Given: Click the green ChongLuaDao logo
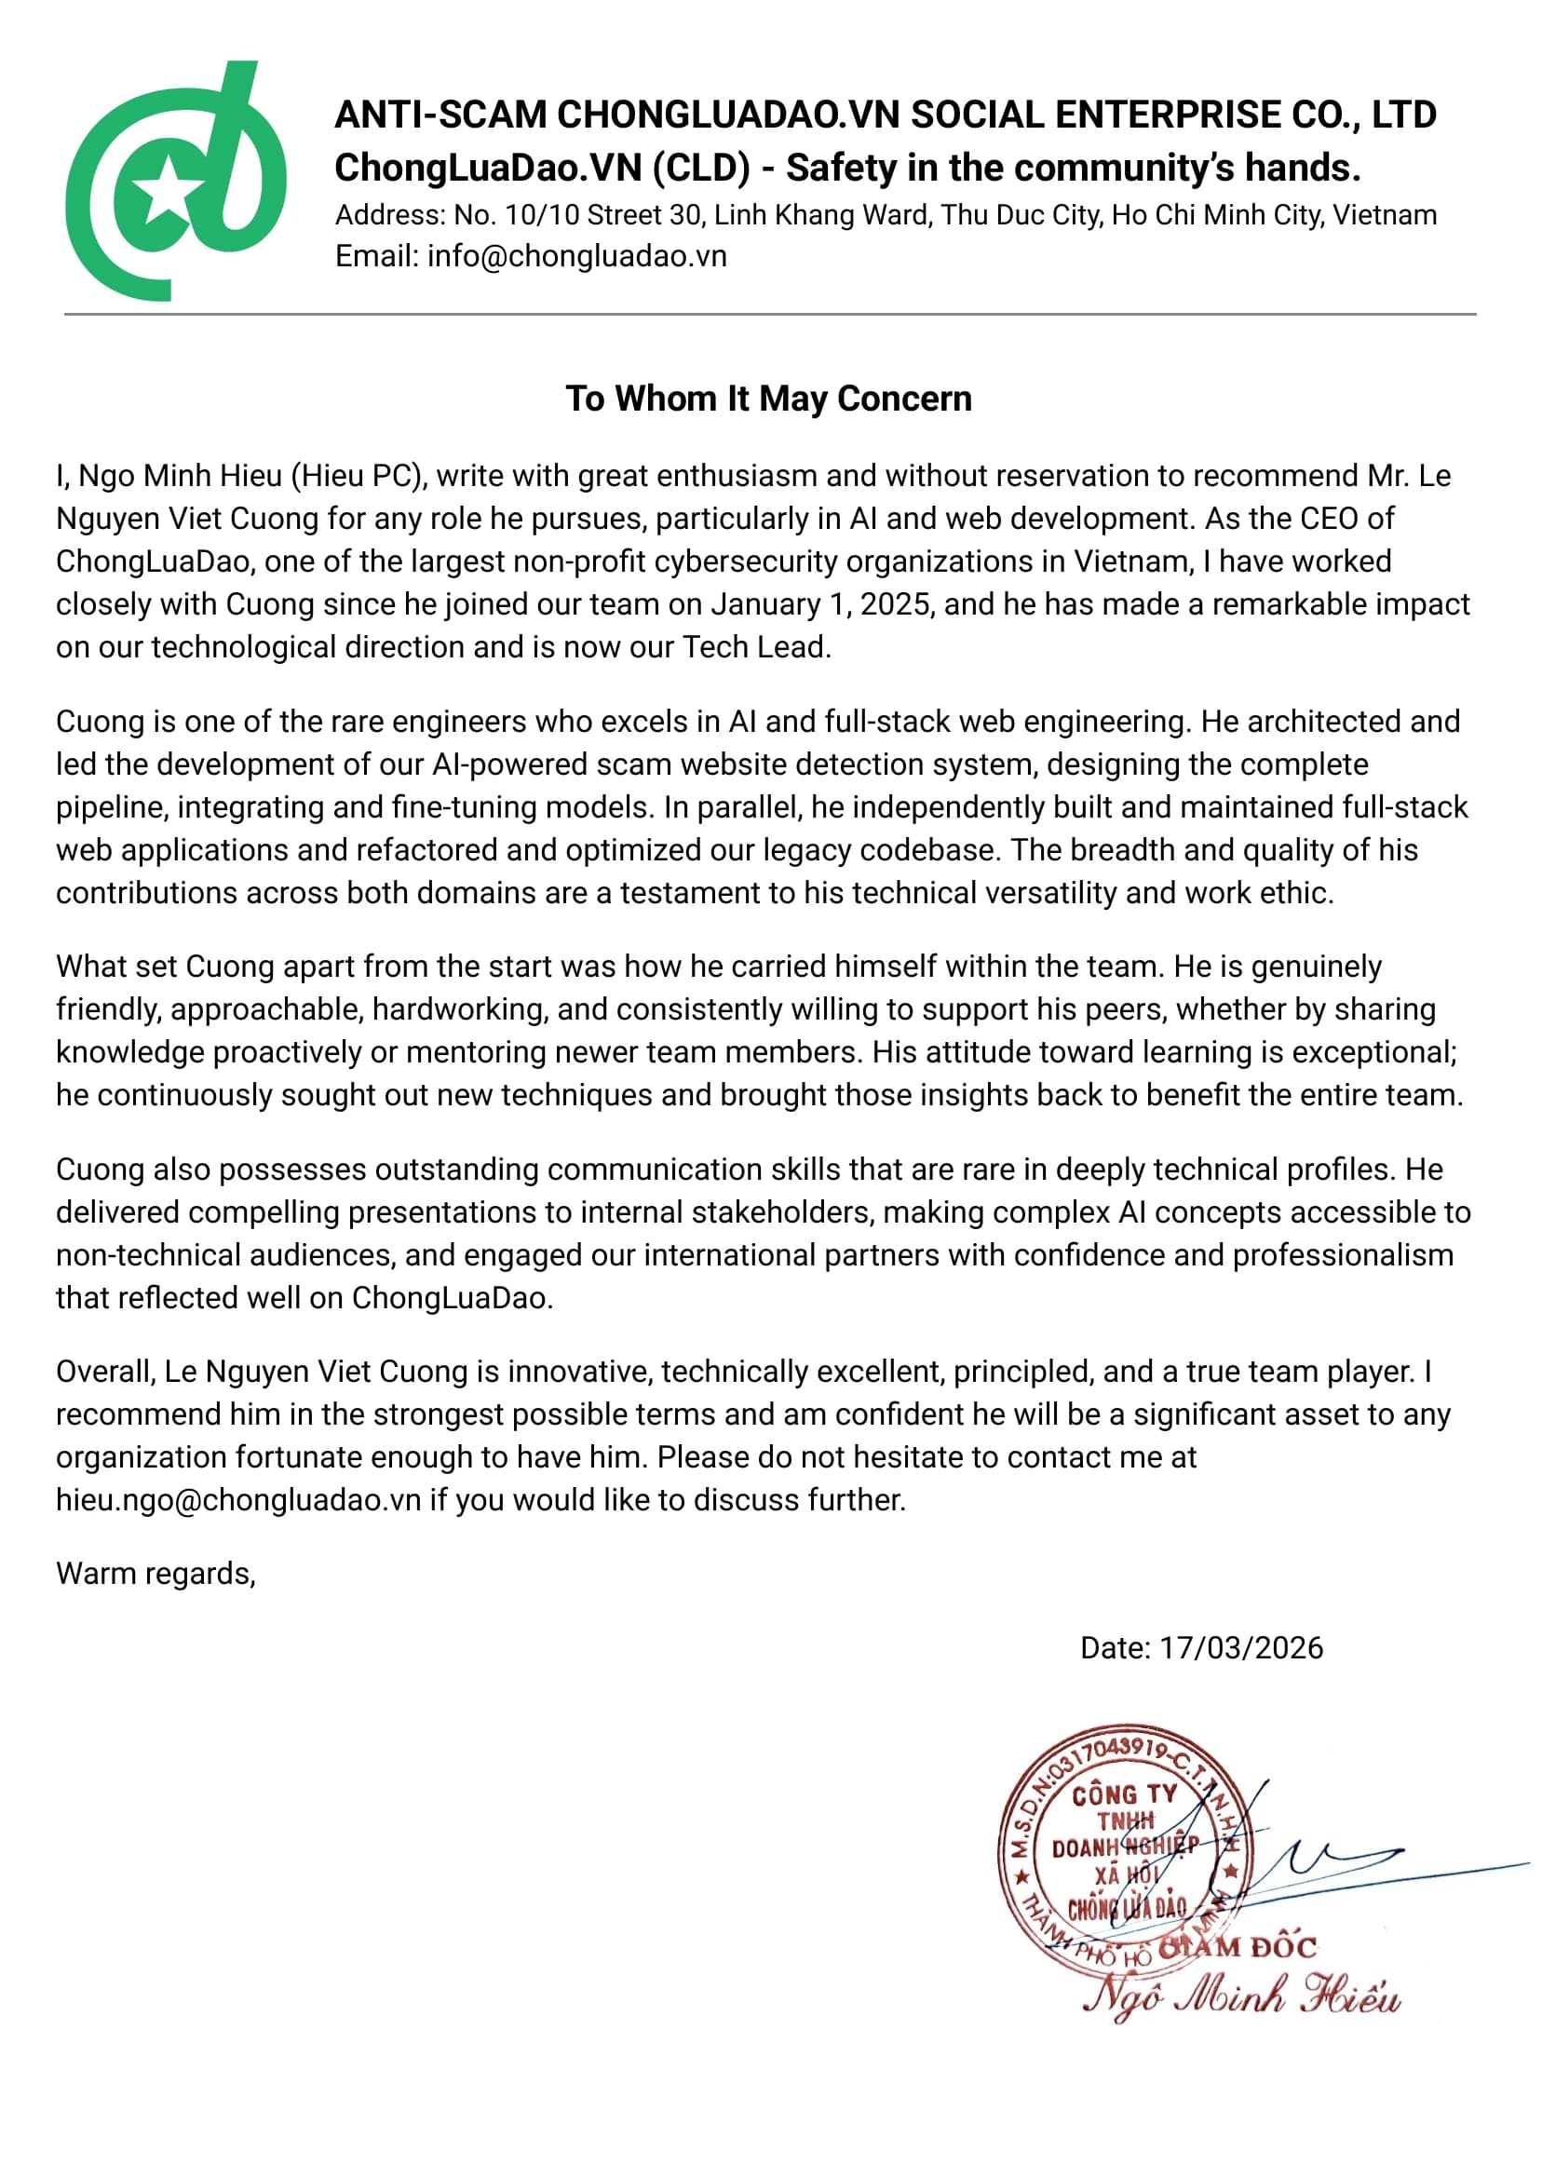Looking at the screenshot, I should click(x=176, y=181).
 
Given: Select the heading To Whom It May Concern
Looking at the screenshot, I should click(x=768, y=399).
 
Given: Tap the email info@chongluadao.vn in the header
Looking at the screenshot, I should click(x=576, y=256).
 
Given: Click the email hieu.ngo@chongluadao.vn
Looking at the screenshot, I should click(x=237, y=1499).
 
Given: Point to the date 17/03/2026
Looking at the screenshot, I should click(x=1240, y=1647).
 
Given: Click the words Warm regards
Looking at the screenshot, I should click(x=155, y=1574).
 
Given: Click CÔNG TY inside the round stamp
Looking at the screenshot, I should click(x=1124, y=1795).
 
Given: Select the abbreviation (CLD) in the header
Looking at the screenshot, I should click(x=701, y=168).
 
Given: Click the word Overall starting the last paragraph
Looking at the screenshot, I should click(x=104, y=1371).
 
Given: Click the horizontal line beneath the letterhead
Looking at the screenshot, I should click(x=769, y=314).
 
